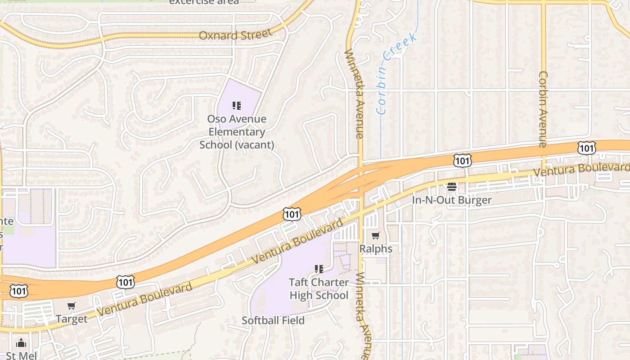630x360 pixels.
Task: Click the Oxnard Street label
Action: tap(235, 35)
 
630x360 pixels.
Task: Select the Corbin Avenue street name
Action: tap(543, 109)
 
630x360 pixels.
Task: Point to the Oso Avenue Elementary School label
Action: tap(237, 132)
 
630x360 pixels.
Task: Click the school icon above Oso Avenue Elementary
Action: tap(237, 106)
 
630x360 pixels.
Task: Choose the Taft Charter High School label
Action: tap(319, 289)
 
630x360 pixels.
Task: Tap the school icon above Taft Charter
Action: tap(319, 269)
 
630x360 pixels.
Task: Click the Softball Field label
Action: tap(273, 320)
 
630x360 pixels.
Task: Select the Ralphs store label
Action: tap(376, 249)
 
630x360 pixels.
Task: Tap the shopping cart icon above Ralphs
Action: tap(376, 235)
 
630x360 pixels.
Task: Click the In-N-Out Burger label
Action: tap(452, 200)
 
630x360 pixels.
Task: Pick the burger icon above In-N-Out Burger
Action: tap(452, 187)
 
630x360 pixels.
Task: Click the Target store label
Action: tap(72, 319)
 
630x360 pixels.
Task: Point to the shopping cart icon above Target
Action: tap(72, 306)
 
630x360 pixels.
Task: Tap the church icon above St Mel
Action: tap(21, 343)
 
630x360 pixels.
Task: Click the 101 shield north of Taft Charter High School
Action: tap(292, 214)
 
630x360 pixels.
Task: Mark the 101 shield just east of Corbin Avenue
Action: tap(587, 148)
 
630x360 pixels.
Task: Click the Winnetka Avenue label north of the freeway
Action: tap(353, 93)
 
